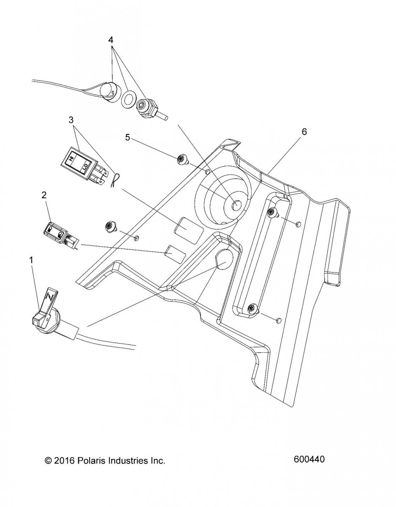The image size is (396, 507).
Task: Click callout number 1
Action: pos(31,260)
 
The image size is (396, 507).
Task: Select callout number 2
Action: pos(44,195)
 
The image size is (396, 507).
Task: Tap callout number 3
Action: pos(71,120)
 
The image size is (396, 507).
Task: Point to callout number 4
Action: pos(111,40)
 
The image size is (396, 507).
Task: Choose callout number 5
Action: pos(127,137)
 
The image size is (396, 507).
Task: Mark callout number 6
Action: pos(304,132)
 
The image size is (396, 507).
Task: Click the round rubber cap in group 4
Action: pos(109,92)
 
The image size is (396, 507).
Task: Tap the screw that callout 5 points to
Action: pos(182,160)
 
